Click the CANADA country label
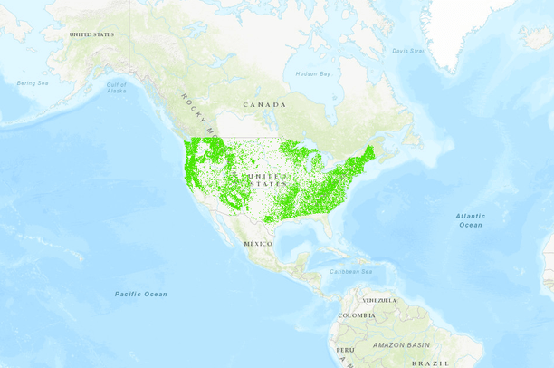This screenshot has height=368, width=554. [x=264, y=105]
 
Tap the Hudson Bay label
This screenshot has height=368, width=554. [x=313, y=73]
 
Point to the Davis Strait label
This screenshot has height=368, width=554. [x=409, y=51]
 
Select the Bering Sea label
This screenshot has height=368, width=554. [x=32, y=83]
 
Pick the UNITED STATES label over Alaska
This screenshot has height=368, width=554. [x=91, y=34]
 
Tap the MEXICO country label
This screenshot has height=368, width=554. [x=258, y=244]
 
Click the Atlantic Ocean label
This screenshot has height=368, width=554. [x=470, y=220]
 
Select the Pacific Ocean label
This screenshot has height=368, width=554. [x=141, y=294]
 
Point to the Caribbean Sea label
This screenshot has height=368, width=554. [x=351, y=271]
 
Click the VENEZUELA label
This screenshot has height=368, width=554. [x=380, y=300]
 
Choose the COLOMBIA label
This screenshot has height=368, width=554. [x=356, y=315]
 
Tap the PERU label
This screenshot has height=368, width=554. [x=345, y=349]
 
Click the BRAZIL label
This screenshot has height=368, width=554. [x=431, y=363]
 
